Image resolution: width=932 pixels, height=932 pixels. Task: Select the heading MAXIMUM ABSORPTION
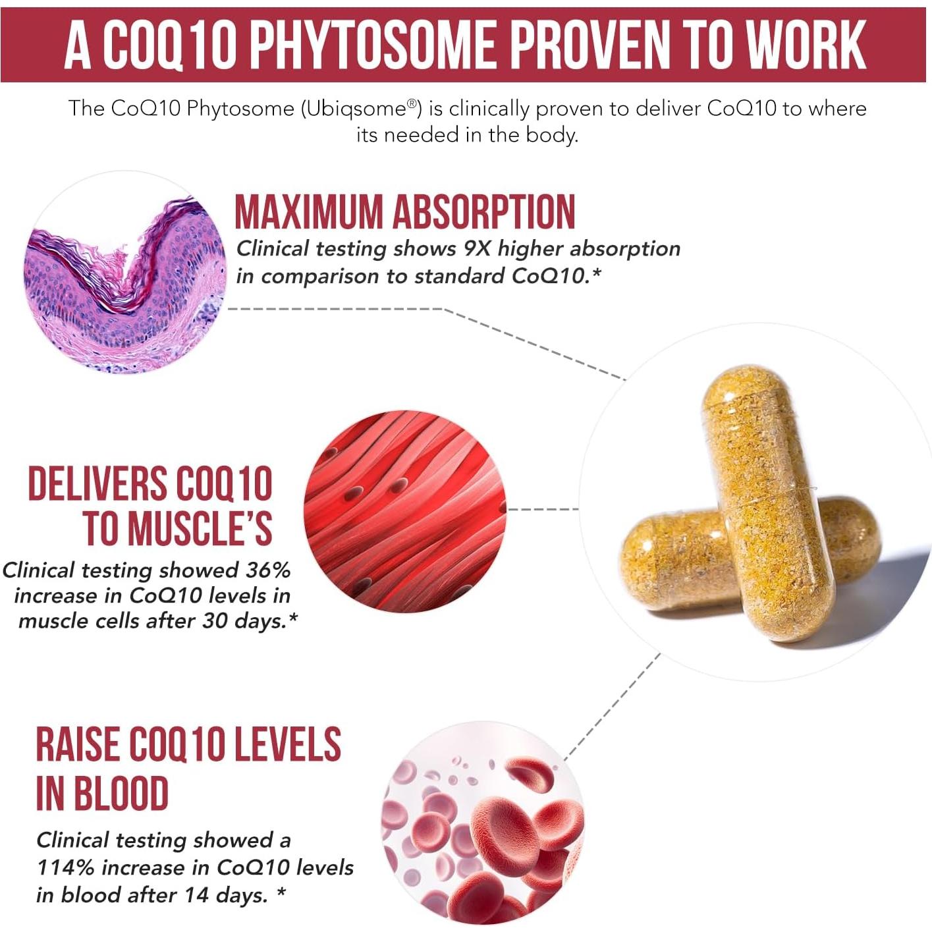[404, 212]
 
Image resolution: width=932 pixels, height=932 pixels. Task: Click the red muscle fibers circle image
[405, 511]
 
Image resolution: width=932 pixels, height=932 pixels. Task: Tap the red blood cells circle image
[483, 823]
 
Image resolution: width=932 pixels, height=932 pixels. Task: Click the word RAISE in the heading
[77, 745]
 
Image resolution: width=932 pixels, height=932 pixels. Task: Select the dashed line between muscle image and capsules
[544, 509]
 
